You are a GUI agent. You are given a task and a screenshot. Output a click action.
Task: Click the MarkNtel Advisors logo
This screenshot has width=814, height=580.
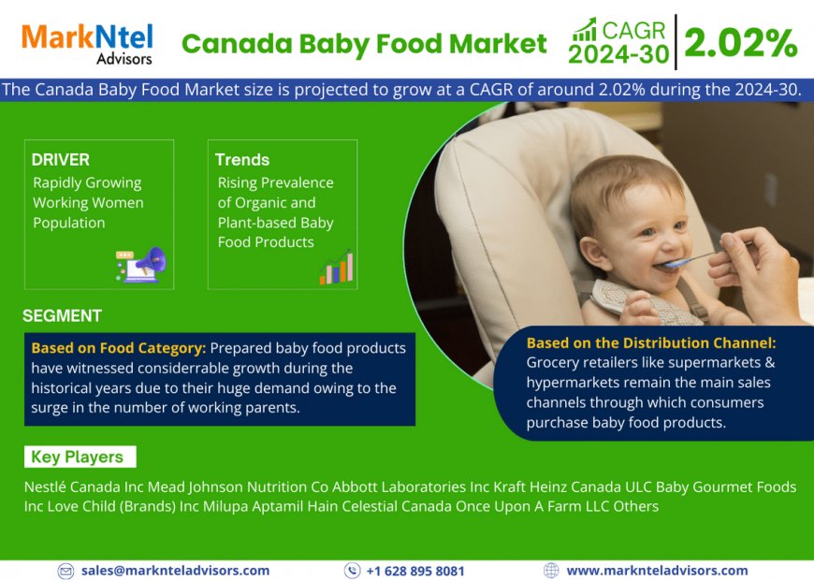click(x=88, y=43)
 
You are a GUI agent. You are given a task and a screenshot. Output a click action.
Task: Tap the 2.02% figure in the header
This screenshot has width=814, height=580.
click(x=740, y=43)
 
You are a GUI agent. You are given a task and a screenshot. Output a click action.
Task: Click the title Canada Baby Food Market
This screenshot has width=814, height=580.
click(x=364, y=43)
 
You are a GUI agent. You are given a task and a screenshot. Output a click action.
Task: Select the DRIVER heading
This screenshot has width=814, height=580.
click(x=61, y=160)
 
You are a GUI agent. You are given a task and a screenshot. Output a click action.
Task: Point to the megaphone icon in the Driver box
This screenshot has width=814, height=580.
click(x=141, y=265)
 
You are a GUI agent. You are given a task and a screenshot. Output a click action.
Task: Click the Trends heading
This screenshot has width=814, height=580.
click(x=242, y=160)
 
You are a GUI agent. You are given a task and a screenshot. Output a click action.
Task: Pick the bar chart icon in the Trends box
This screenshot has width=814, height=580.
click(x=336, y=268)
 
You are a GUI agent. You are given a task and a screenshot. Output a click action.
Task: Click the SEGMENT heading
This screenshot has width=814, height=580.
click(x=62, y=315)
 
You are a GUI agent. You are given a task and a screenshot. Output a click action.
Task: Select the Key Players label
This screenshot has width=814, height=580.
click(x=77, y=457)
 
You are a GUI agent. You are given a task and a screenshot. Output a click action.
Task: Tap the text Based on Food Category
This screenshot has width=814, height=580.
click(x=118, y=348)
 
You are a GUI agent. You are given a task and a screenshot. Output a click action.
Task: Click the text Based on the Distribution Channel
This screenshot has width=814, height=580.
click(x=651, y=343)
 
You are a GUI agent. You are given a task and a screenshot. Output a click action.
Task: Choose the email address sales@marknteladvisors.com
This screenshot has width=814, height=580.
click(x=175, y=570)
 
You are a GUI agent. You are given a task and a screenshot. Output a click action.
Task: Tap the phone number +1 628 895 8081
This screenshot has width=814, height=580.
click(x=414, y=571)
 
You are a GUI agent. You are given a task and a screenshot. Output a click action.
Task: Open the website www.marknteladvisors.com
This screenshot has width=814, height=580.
click(x=657, y=570)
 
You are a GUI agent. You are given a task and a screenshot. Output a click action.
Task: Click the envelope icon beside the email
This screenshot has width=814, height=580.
click(x=65, y=571)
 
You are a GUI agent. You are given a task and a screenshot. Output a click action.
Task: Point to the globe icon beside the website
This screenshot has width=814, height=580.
click(x=551, y=571)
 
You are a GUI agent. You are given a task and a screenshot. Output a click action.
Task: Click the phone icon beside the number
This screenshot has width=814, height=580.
click(x=352, y=571)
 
